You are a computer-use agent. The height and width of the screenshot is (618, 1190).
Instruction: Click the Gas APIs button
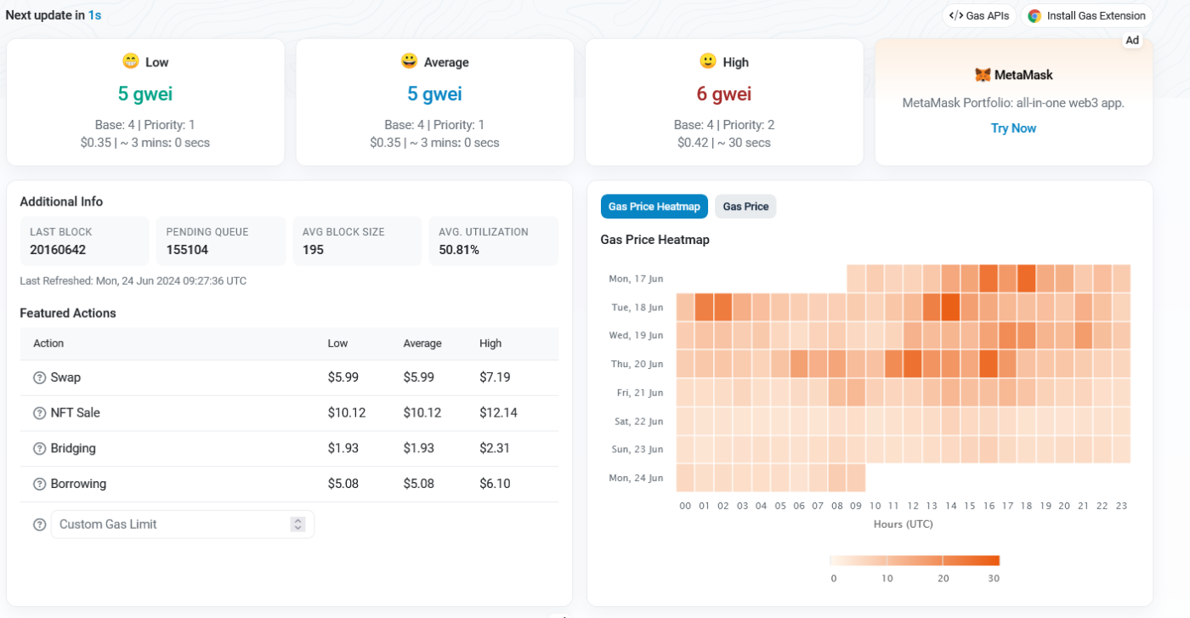pos(979,15)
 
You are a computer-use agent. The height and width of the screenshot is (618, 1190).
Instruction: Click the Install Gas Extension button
pos(1086,15)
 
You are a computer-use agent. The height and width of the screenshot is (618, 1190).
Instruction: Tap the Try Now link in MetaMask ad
pos(1013,128)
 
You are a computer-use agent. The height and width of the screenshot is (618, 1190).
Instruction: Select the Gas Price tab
pos(745,207)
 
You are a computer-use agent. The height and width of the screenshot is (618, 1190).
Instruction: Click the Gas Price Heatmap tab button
pos(654,207)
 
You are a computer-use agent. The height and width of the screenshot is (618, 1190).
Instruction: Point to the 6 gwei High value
pos(723,94)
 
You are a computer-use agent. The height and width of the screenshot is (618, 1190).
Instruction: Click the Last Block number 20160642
pos(58,250)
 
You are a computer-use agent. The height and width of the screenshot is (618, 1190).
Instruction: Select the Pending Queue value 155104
pos(187,250)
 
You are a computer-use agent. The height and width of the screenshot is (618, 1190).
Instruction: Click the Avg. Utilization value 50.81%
pos(459,250)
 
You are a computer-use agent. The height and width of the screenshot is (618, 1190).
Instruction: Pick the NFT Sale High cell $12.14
pos(498,413)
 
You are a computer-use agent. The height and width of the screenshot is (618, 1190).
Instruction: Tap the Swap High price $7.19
pos(495,377)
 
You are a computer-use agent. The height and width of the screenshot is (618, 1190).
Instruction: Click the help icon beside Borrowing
pos(39,485)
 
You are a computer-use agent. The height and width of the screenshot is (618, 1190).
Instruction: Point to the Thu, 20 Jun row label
pos(636,364)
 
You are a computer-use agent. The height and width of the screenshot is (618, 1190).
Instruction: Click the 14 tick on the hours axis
pos(950,506)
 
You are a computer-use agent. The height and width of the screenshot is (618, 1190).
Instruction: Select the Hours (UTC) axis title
pos(903,524)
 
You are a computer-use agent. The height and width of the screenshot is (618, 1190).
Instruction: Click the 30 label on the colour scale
pos(994,578)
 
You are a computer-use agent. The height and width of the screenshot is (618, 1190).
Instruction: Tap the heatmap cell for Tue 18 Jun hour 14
pos(950,307)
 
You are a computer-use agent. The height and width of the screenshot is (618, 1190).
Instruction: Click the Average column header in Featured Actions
pos(422,343)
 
